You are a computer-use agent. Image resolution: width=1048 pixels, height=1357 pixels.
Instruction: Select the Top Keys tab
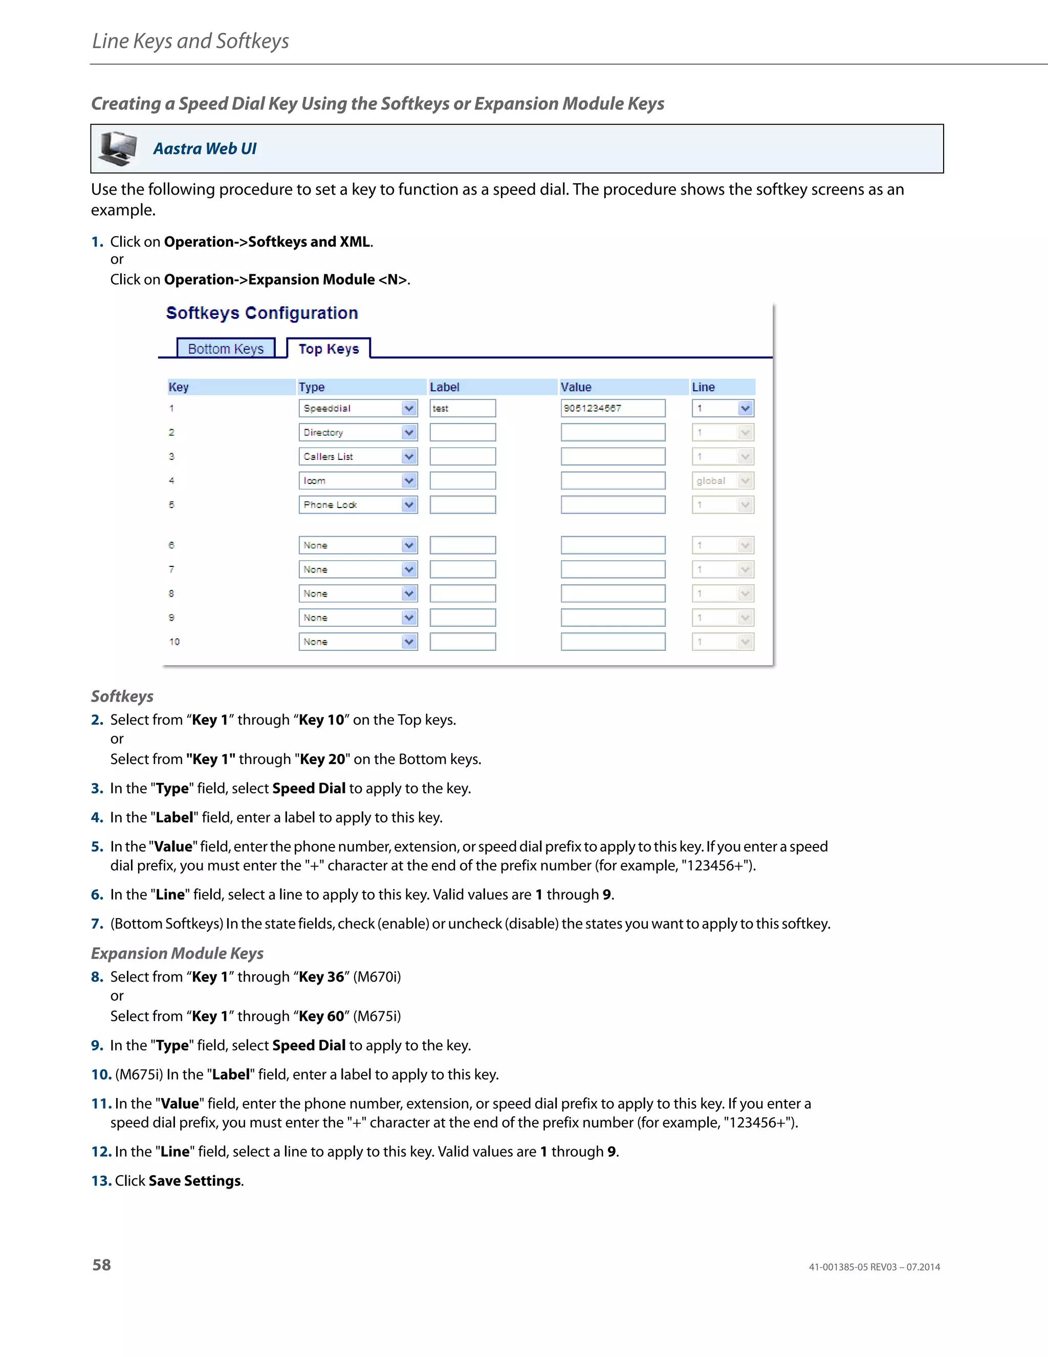coord(329,349)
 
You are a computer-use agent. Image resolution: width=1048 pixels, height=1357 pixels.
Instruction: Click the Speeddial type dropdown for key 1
coord(358,408)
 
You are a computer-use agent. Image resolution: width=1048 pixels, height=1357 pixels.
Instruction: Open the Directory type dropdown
coord(358,433)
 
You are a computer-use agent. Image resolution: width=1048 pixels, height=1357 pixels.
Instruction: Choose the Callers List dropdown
coord(358,457)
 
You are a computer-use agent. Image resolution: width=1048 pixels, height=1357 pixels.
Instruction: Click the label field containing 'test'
coord(463,408)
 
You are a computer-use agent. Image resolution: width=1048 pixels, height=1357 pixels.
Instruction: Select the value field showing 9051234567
coord(613,408)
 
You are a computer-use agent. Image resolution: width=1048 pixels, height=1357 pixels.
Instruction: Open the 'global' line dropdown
coord(723,481)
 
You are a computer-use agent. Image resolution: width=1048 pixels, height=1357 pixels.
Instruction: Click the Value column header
coord(576,387)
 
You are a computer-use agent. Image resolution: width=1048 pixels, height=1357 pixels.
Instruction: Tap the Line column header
coord(704,387)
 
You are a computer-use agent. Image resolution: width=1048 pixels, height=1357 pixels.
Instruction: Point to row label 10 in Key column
coord(174,642)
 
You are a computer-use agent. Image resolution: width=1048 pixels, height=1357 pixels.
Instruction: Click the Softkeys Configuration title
coord(262,313)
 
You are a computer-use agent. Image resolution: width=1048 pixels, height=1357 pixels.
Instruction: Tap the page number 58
coord(102,1265)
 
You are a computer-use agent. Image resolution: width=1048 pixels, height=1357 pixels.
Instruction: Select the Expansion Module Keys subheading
coord(178,953)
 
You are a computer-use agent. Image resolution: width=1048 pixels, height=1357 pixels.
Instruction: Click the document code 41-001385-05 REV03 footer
coord(874,1267)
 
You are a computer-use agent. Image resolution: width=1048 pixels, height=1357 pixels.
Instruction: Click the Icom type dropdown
coord(358,481)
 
